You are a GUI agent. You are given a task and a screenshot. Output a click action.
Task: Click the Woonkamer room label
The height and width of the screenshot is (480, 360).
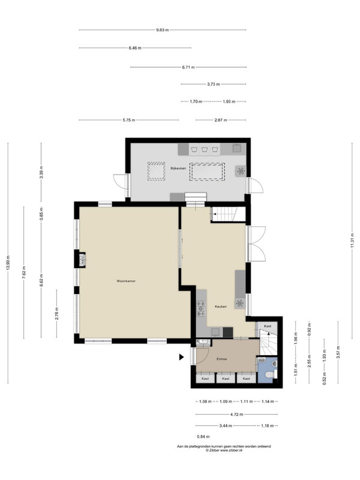click(x=126, y=281)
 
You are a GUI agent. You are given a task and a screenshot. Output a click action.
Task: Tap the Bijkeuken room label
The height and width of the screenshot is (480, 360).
click(x=178, y=168)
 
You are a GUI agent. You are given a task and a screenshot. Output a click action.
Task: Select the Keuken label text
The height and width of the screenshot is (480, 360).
click(x=221, y=307)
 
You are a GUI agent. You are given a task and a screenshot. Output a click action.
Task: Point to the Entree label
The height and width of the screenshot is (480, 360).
click(x=221, y=359)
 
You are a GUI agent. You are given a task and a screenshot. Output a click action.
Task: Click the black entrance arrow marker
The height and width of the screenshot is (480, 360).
click(x=181, y=356)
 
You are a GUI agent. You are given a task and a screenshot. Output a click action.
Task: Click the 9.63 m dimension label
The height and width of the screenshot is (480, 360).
click(x=163, y=30)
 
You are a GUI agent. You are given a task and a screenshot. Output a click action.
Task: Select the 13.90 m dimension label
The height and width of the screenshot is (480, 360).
click(x=8, y=263)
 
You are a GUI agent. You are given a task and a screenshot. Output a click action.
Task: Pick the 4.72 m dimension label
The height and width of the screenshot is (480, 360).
click(x=236, y=415)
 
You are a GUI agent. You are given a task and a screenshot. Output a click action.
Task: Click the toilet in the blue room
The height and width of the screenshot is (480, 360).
click(x=269, y=374)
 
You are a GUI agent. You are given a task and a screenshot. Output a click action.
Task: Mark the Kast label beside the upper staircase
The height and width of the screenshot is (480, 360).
click(x=268, y=326)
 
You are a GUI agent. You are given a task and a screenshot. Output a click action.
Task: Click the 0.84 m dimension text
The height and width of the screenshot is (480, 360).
click(x=203, y=437)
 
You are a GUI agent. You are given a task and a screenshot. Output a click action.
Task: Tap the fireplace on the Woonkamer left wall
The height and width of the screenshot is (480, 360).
click(x=82, y=259)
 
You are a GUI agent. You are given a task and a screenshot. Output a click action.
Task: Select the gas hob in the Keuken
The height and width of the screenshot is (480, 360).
click(x=201, y=308)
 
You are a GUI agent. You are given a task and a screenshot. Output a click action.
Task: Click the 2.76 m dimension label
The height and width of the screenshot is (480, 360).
click(x=56, y=314)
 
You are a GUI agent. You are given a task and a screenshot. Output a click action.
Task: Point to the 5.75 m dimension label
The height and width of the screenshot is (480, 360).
click(x=129, y=120)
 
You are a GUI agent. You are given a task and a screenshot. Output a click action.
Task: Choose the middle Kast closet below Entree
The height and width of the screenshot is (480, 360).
click(x=226, y=378)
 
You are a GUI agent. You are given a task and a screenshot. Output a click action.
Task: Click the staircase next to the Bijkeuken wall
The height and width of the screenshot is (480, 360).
click(x=229, y=214)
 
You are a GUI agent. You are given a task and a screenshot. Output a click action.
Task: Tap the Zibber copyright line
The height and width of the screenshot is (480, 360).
click(x=224, y=451)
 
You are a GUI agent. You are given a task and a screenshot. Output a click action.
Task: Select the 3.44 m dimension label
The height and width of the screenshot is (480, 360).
click(x=226, y=426)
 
